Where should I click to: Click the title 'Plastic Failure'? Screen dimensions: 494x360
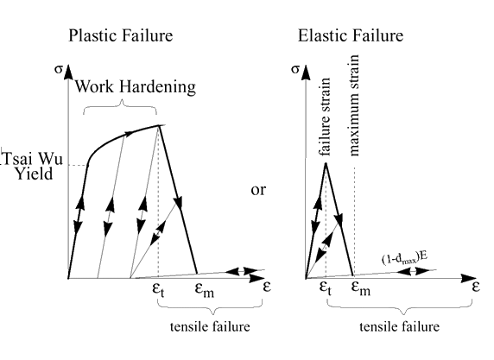(x=121, y=35)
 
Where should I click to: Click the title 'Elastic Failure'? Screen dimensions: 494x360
(x=351, y=35)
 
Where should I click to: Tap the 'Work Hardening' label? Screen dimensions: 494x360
(x=135, y=86)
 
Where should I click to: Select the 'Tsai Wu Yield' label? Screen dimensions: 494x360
(x=33, y=167)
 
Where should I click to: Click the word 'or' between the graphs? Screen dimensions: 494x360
(x=258, y=190)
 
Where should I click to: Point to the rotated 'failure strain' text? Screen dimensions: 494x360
(x=325, y=117)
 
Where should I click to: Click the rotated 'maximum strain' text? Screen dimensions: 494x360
(x=354, y=105)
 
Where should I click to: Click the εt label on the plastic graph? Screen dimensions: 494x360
(x=158, y=289)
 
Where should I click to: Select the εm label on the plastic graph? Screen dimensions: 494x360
(x=205, y=289)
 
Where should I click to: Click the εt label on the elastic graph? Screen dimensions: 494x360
(x=326, y=288)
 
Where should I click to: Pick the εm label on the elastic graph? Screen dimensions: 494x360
(x=361, y=288)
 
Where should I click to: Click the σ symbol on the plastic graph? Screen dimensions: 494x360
(x=59, y=69)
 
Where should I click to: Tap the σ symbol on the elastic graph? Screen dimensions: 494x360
(x=294, y=69)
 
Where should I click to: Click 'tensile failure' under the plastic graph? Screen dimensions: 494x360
(x=210, y=326)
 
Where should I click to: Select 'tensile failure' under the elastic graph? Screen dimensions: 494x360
(x=400, y=326)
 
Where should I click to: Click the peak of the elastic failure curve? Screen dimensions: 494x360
(x=326, y=163)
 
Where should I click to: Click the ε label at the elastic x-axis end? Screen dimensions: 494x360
(x=476, y=287)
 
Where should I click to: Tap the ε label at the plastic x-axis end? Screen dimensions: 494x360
(x=267, y=287)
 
